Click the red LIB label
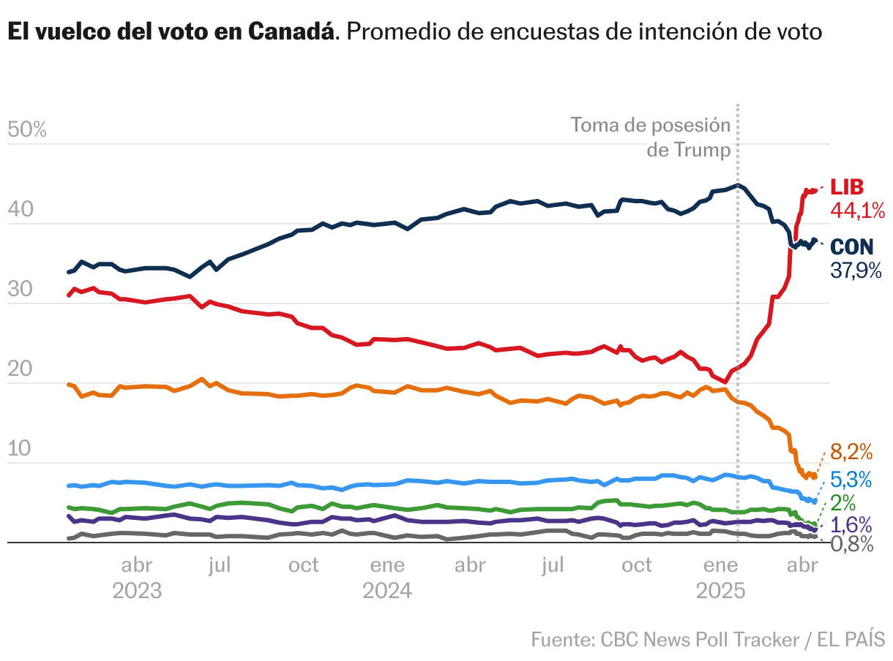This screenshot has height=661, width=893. point(848,186)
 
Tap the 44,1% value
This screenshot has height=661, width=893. point(856,211)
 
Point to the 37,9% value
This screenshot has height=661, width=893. point(856,270)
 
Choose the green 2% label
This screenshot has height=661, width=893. point(843,502)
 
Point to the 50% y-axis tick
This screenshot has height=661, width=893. point(26,130)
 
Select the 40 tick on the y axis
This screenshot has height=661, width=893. point(20,210)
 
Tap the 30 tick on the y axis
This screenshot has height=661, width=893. point(20,290)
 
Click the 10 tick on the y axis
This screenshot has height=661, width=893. point(20,449)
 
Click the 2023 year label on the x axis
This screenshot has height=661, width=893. point(137,591)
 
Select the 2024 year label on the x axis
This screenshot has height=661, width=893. point(387,591)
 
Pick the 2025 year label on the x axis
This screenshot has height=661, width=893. point(720,591)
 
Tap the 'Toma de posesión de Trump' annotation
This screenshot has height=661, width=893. point(651,137)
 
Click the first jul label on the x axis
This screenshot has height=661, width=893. point(220,565)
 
